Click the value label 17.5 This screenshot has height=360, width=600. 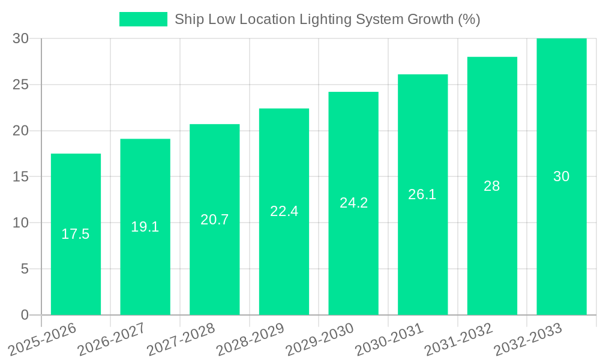[x=76, y=234]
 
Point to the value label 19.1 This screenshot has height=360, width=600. [x=145, y=227]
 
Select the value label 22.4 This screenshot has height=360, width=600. [x=284, y=211]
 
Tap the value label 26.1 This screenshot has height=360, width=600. [x=422, y=194]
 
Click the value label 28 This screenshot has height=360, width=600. [x=492, y=186]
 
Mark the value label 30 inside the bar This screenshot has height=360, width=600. [x=562, y=176]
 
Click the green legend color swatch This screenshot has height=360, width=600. [x=143, y=19]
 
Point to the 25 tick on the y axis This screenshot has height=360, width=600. [x=21, y=85]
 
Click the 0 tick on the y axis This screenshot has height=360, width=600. [x=25, y=315]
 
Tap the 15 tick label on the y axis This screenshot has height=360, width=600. [x=21, y=177]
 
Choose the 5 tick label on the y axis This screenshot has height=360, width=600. [x=25, y=269]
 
